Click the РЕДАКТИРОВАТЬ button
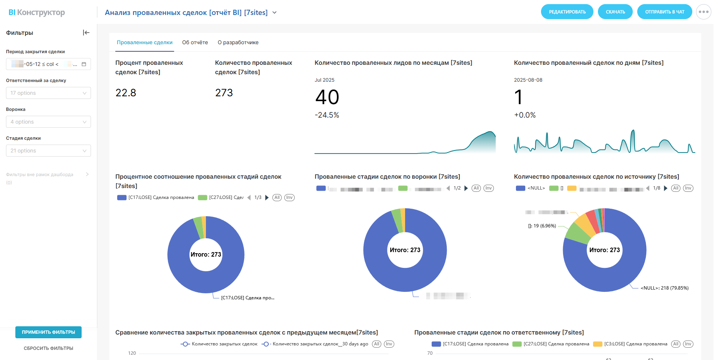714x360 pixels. [567, 12]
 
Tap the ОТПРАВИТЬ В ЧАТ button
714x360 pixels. [664, 12]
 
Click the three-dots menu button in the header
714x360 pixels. [703, 12]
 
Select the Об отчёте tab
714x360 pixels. [195, 42]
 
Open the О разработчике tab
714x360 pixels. [238, 42]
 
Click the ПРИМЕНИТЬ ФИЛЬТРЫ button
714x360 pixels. [48, 332]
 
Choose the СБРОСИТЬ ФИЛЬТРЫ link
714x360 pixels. [48, 348]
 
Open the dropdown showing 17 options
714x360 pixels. [48, 93]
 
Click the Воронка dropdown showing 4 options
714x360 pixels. [48, 122]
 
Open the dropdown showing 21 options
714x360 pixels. [48, 151]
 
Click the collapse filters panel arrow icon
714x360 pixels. [86, 33]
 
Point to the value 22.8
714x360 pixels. [126, 93]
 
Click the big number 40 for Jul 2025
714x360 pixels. [327, 97]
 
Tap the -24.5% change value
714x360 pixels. [327, 115]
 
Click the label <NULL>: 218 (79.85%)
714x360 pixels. [664, 288]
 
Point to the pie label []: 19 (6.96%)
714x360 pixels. [542, 226]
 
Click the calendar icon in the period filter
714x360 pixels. [84, 64]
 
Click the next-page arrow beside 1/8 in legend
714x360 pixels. [665, 188]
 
